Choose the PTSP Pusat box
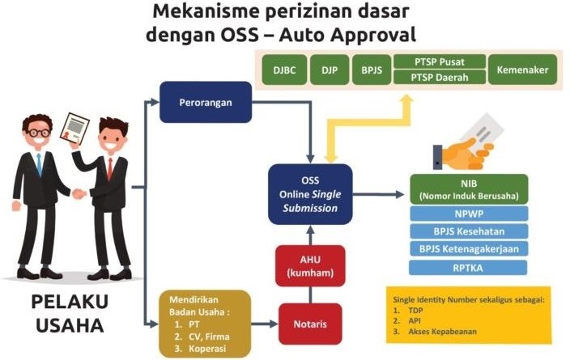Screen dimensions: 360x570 pyautogui.click(x=440, y=61)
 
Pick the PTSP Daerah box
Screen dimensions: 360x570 pyautogui.click(x=440, y=78)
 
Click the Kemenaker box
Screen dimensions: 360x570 pyautogui.click(x=522, y=70)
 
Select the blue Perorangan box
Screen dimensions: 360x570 pyautogui.click(x=205, y=102)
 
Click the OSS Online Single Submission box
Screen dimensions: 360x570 pyautogui.click(x=310, y=194)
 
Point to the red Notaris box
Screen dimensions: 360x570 pyautogui.click(x=310, y=324)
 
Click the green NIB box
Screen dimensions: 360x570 pyautogui.click(x=469, y=189)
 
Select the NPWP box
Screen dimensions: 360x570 pyautogui.click(x=469, y=214)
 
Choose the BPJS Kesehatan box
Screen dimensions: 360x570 pyautogui.click(x=469, y=231)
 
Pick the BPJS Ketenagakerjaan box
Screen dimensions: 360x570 pyautogui.click(x=469, y=249)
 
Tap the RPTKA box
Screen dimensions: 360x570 pyautogui.click(x=469, y=267)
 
